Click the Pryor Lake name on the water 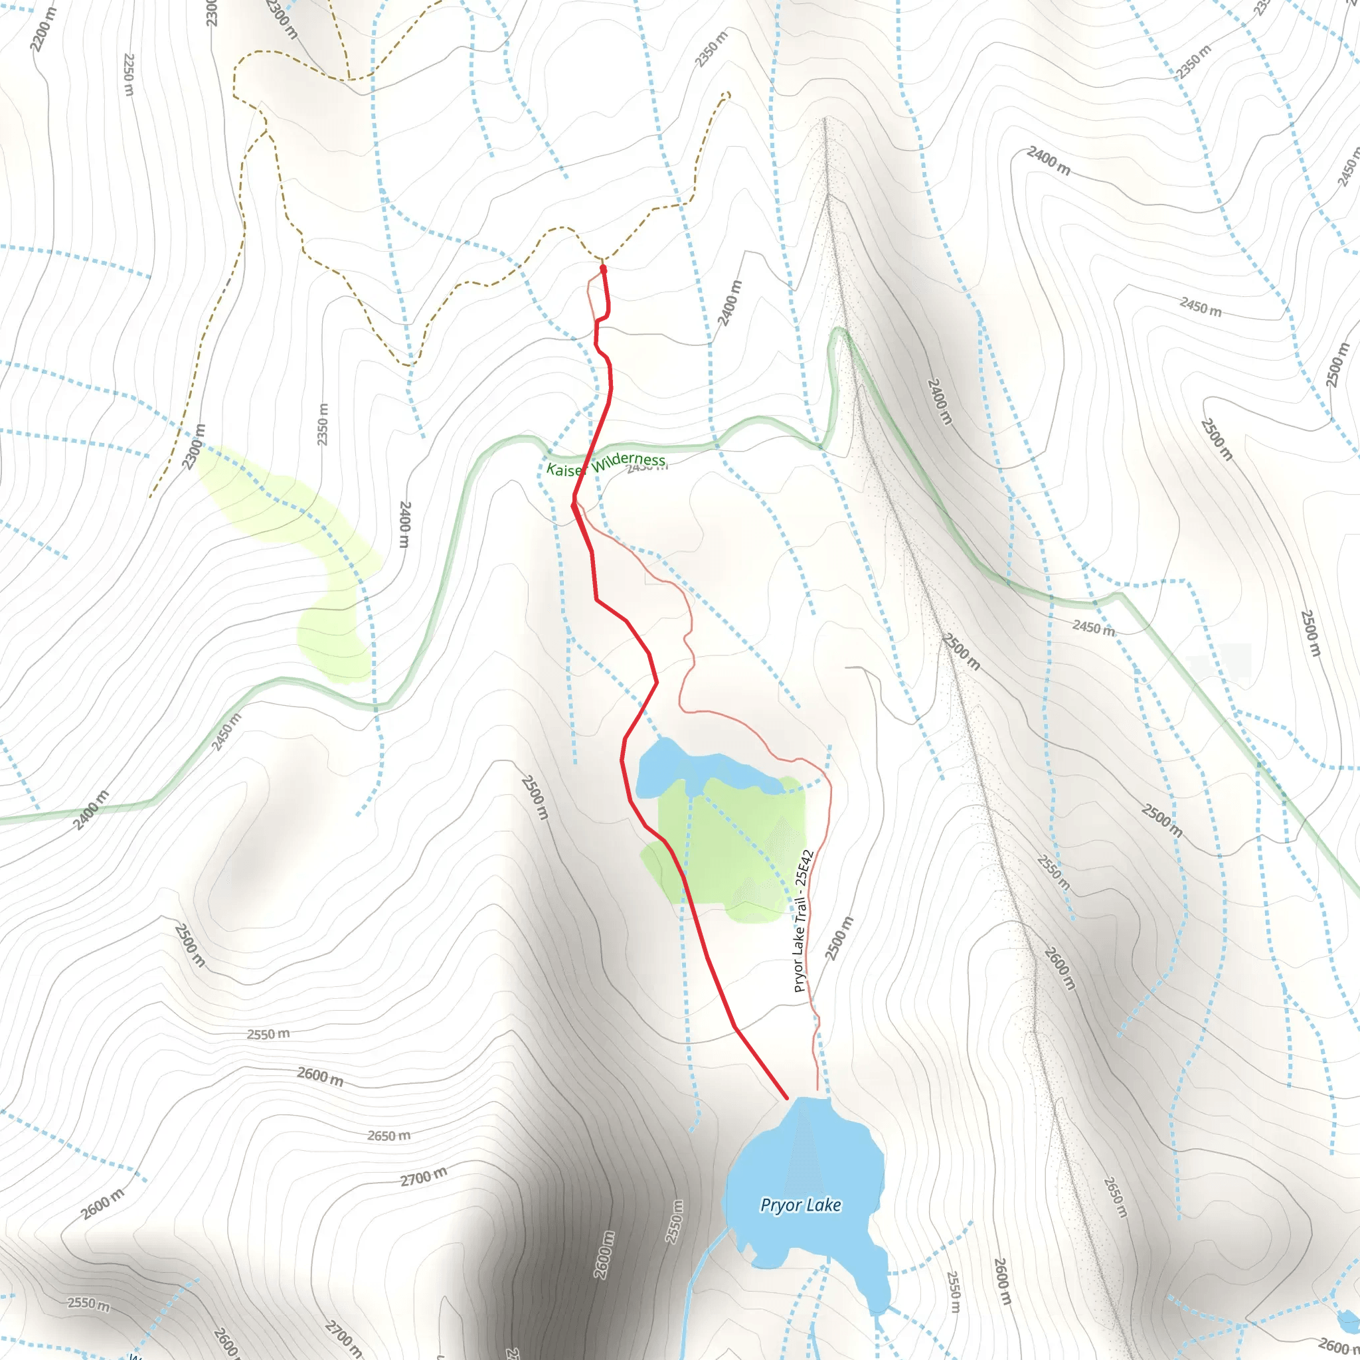(800, 1205)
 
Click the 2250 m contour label (128, 74)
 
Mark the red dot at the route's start (603, 268)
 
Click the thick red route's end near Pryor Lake (786, 1098)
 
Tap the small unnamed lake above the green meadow (697, 769)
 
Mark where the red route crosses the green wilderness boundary (592, 446)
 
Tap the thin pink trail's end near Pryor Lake (817, 1090)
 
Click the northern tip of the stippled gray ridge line (824, 120)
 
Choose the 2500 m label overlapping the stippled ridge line (962, 652)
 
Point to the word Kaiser (566, 469)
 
